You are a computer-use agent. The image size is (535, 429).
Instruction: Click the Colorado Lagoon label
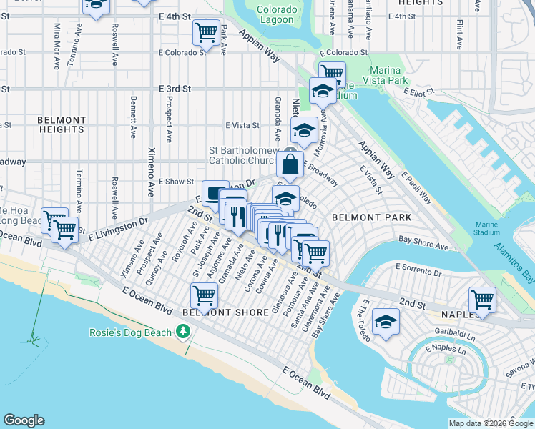[275, 15]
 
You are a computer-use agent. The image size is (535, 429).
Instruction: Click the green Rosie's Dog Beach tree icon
[184, 332]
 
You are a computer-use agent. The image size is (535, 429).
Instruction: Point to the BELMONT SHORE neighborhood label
[215, 312]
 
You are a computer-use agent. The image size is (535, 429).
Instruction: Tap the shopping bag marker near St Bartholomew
[290, 166]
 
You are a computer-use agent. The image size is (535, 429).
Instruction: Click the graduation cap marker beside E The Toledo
[386, 322]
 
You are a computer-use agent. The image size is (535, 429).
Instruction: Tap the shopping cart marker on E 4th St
[206, 31]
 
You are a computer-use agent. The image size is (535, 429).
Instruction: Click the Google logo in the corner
[24, 420]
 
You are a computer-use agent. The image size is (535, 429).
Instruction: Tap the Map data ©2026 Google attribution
[490, 423]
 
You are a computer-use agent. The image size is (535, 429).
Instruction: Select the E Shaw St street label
[176, 182]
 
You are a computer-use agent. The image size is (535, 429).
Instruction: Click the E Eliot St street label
[420, 92]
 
